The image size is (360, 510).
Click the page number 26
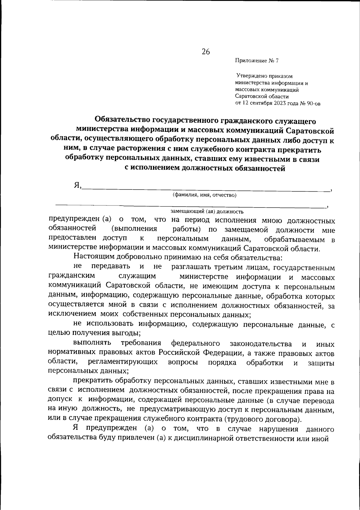click(x=206, y=52)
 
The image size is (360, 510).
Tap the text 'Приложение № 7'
click(x=257, y=61)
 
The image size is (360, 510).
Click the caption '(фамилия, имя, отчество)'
click(x=205, y=196)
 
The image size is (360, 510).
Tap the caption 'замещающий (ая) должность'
click(x=207, y=211)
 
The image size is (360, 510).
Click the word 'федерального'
click(x=195, y=343)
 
